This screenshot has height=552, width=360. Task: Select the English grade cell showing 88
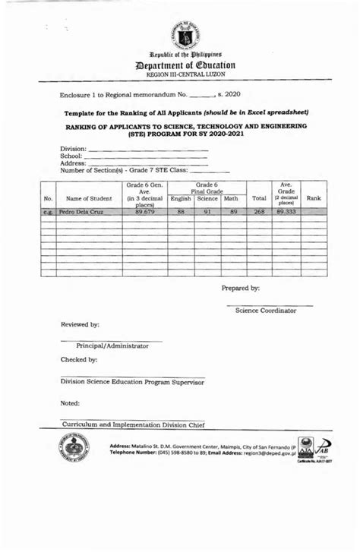pos(181,213)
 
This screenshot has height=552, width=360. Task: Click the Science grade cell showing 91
pos(207,213)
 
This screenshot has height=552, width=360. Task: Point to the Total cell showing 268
pos(259,213)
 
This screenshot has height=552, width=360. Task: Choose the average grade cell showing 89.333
pos(286,213)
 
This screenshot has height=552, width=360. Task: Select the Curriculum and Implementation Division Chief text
pos(133,425)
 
